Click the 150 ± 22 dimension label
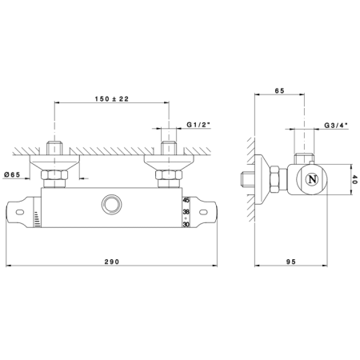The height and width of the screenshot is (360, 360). (x=112, y=99)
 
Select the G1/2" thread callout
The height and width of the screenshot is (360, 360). (x=198, y=125)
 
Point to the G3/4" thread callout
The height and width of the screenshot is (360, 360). (x=336, y=125)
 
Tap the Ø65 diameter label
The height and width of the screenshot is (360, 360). (x=12, y=174)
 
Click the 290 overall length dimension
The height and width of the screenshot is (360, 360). (x=112, y=262)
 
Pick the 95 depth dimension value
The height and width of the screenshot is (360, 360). (x=291, y=262)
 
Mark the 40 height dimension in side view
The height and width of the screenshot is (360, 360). (x=354, y=179)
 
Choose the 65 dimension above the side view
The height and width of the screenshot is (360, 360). (x=279, y=90)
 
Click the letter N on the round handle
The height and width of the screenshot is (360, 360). (x=312, y=179)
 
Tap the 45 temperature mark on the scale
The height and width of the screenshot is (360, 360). (x=186, y=200)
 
